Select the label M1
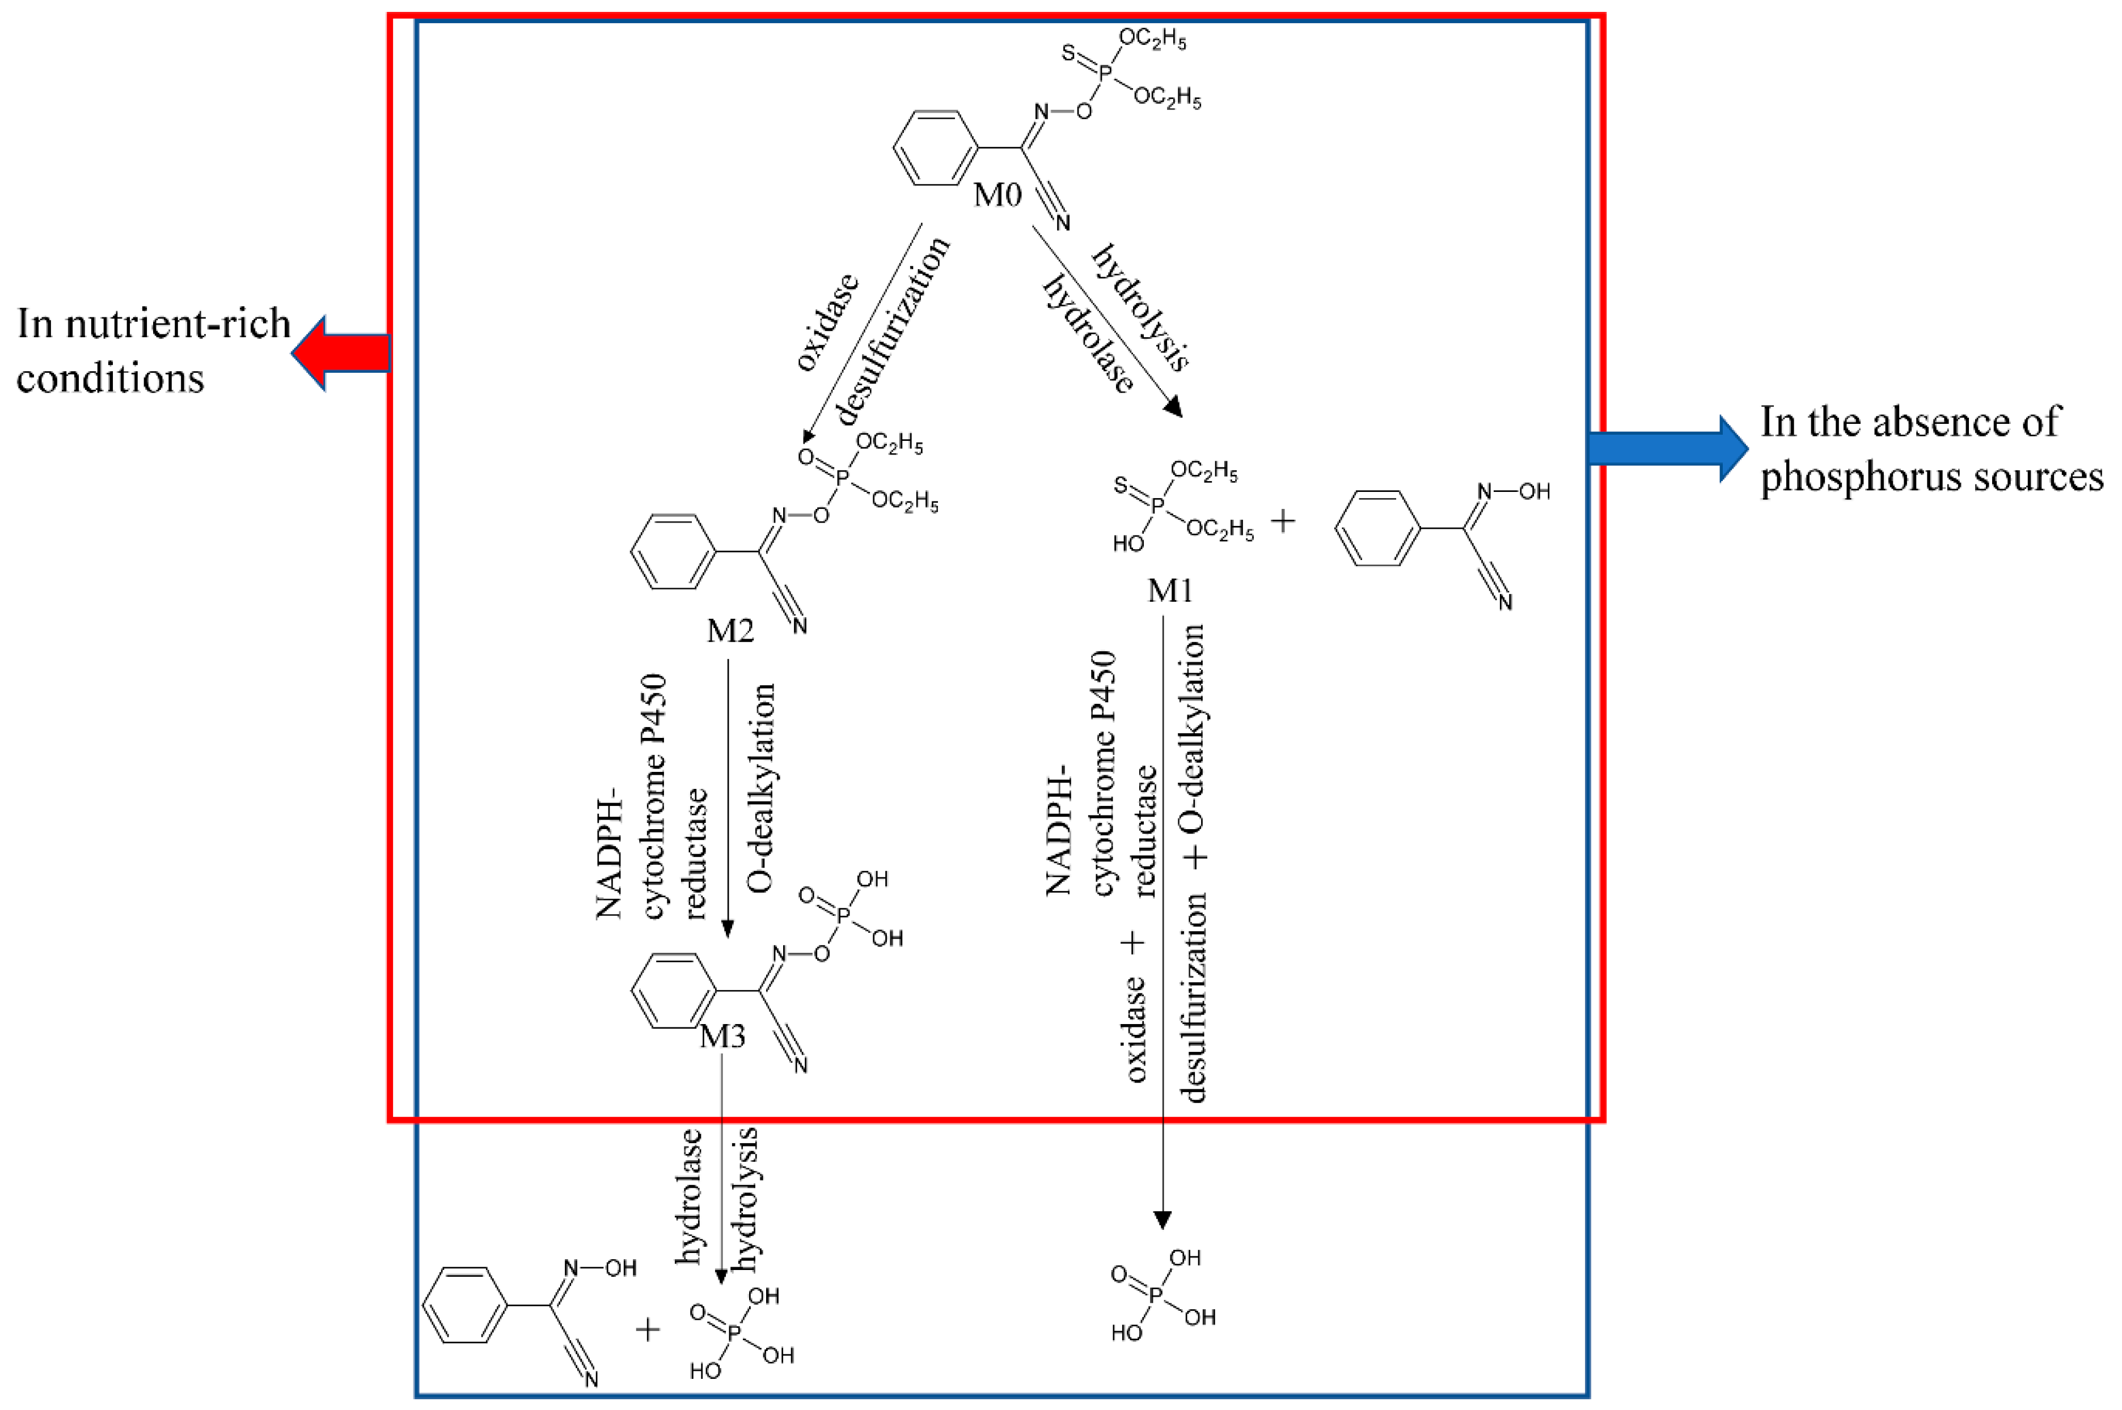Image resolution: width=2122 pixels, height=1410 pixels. [x=1169, y=591]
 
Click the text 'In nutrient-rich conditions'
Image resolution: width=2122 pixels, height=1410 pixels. [x=153, y=351]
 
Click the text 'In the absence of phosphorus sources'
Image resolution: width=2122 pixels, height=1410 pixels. [x=1930, y=448]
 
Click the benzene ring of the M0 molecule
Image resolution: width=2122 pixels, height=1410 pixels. [x=935, y=148]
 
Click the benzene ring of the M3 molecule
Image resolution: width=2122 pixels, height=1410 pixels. [x=672, y=992]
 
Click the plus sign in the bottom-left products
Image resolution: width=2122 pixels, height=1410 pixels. [x=648, y=1329]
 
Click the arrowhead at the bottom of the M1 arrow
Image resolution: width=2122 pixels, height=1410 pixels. [x=1162, y=1220]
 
